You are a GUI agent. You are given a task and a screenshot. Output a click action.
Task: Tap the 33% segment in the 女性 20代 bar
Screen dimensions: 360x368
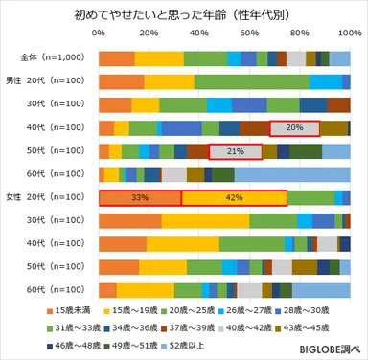coord(140,197)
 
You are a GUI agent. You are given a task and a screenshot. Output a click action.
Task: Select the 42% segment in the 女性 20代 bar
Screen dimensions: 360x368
coord(234,197)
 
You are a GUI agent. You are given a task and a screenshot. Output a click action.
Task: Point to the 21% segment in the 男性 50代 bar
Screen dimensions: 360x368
coord(235,151)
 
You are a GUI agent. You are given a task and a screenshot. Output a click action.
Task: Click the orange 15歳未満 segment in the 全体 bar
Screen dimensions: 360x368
coord(117,58)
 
